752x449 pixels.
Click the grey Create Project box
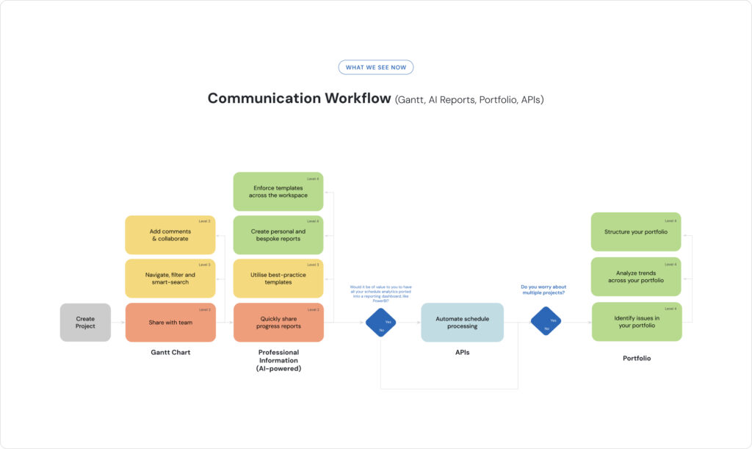[85, 322]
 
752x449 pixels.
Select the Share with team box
[170, 322]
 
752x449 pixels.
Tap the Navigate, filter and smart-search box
[170, 279]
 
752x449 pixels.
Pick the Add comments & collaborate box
[170, 234]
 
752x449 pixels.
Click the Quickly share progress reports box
[278, 322]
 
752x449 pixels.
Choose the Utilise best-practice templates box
[278, 279]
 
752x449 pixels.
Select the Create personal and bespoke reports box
[278, 234]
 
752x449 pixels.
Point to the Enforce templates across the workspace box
[278, 192]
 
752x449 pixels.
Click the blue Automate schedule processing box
[462, 322]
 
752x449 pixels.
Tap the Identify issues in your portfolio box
[637, 322]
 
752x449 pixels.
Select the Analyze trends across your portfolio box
[637, 276]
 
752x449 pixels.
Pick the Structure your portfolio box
[637, 231]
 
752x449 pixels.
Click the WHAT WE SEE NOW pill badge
[376, 68]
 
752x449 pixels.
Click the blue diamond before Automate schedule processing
[380, 323]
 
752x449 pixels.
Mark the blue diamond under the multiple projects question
[546, 321]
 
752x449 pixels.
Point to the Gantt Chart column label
[170, 353]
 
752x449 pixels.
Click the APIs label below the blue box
[462, 353]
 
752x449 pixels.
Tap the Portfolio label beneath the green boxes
[637, 359]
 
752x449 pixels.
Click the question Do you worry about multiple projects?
[543, 290]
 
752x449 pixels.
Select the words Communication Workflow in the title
[299, 98]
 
